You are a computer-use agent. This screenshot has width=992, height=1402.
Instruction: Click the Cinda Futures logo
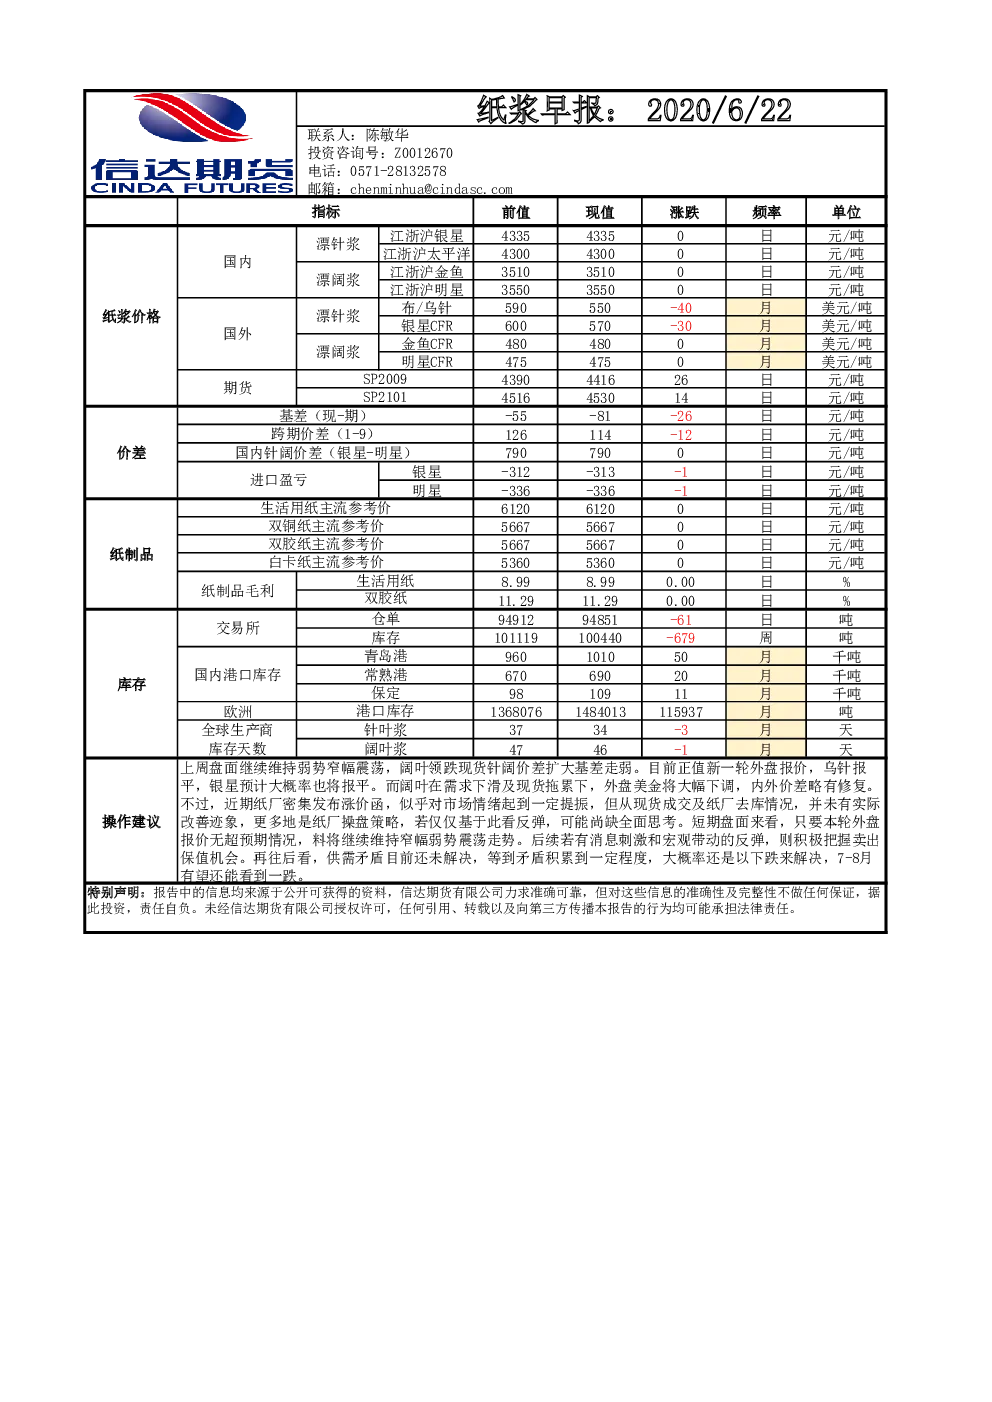192,143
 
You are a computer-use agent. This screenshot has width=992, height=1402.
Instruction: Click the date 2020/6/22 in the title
718,111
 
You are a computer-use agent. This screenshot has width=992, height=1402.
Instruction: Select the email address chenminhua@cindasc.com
431,189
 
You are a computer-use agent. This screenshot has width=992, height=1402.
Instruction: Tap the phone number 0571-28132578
398,171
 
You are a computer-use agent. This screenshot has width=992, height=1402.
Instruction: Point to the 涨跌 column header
683,212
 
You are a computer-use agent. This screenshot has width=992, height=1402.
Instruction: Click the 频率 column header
766,212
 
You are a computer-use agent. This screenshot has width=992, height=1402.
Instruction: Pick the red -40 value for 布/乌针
681,308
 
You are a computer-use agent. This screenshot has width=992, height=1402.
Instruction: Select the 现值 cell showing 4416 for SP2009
600,380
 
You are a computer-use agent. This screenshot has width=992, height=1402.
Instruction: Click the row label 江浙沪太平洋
426,254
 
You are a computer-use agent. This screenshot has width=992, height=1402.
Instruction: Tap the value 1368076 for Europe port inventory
515,712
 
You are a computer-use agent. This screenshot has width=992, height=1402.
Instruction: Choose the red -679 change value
680,638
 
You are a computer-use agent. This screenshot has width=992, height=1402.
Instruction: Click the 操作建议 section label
131,821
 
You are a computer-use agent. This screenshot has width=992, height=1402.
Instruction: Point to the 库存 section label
131,684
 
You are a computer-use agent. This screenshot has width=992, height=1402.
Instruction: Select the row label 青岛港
385,656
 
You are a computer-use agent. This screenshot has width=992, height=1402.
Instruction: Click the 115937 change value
681,712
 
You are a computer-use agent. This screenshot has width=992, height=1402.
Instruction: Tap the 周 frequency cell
765,638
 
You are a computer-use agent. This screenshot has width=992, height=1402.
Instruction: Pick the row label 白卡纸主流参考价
326,562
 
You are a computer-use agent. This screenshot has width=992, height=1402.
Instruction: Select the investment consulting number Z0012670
423,153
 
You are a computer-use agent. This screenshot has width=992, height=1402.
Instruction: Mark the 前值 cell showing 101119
515,638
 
